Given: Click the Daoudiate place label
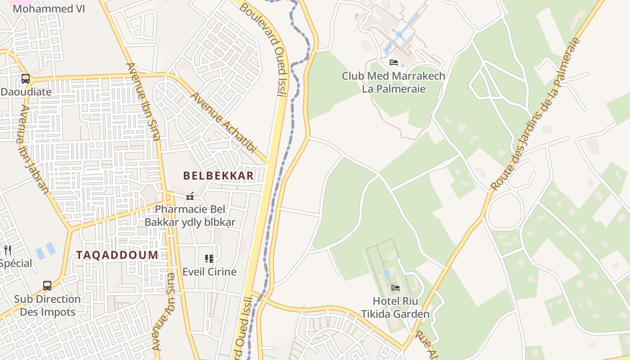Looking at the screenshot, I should pyautogui.click(x=26, y=92).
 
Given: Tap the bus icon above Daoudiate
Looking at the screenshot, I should pyautogui.click(x=26, y=79).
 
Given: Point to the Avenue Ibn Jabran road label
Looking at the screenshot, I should pyautogui.click(x=34, y=149).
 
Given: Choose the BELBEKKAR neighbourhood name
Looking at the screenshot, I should pyautogui.click(x=218, y=175).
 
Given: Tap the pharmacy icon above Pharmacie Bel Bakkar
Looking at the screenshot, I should pyautogui.click(x=190, y=196).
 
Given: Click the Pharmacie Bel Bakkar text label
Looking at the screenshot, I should pyautogui.click(x=190, y=216).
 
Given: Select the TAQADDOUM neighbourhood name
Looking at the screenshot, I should pyautogui.click(x=117, y=255).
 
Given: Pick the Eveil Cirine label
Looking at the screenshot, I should pyautogui.click(x=209, y=272).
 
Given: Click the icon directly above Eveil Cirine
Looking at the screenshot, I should pyautogui.click(x=209, y=258).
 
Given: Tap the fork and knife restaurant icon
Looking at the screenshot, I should pyautogui.click(x=7, y=250).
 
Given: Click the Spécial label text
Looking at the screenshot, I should pyautogui.click(x=16, y=263).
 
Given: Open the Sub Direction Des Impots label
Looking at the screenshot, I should pyautogui.click(x=47, y=305).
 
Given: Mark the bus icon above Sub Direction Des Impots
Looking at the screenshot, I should pyautogui.click(x=47, y=285).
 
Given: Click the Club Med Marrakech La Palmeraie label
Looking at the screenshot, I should pyautogui.click(x=393, y=82).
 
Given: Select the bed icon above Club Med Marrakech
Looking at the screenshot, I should pyautogui.click(x=394, y=63).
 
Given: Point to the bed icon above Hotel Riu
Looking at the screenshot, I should pyautogui.click(x=396, y=288).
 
